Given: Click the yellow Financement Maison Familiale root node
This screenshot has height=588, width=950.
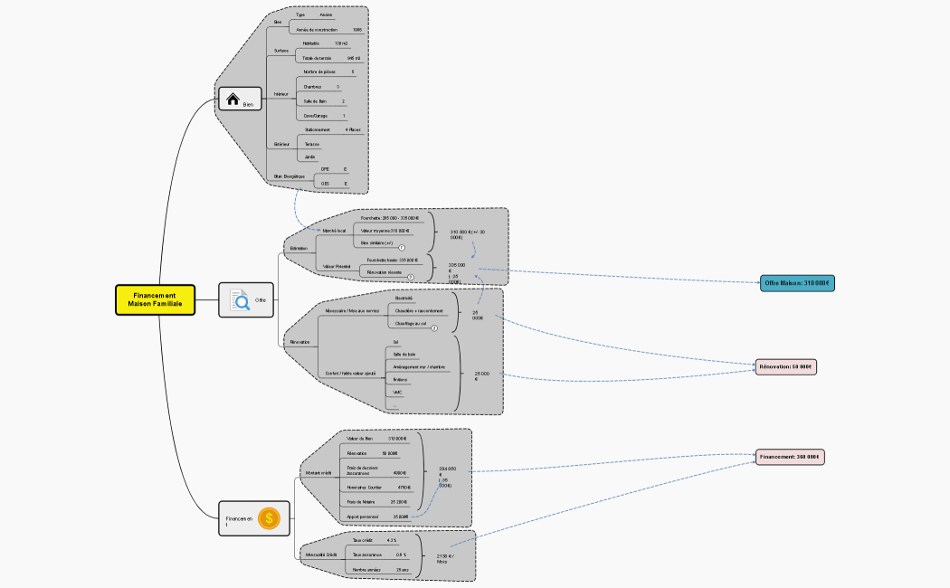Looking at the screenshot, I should coord(155,300).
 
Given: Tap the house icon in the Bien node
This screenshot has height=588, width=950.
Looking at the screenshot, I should coord(233,100).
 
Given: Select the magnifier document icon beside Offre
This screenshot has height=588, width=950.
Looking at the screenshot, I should coord(240,299).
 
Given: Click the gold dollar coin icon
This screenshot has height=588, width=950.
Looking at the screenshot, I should coord(269,518).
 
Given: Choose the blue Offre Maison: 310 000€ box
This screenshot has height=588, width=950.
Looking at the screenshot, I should coord(796,283).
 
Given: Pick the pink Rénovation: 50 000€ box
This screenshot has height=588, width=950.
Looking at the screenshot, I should coord(786,366).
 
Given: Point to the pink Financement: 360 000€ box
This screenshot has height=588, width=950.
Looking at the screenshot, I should coord(790,457).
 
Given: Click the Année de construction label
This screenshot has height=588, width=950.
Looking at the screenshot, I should coord(317,30).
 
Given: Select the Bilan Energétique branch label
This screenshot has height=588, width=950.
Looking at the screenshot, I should coord(289,175).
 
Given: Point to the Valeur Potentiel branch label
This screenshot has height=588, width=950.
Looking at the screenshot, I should coord(336,267).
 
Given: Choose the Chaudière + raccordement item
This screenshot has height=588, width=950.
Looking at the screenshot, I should coord(419,310).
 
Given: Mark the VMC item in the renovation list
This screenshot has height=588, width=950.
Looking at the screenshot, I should coord(397,393).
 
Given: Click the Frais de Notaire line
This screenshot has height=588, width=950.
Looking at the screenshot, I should coord(360,501).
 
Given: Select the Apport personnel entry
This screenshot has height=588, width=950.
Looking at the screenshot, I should coord(362,517).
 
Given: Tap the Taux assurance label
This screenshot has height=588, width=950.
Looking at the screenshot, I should coord(366,555).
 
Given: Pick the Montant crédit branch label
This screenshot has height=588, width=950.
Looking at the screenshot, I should coord(319,473).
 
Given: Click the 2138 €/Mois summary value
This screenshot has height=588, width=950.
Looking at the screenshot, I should coord(443,558).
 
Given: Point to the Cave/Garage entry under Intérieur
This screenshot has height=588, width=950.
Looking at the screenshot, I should coord(316,116).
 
